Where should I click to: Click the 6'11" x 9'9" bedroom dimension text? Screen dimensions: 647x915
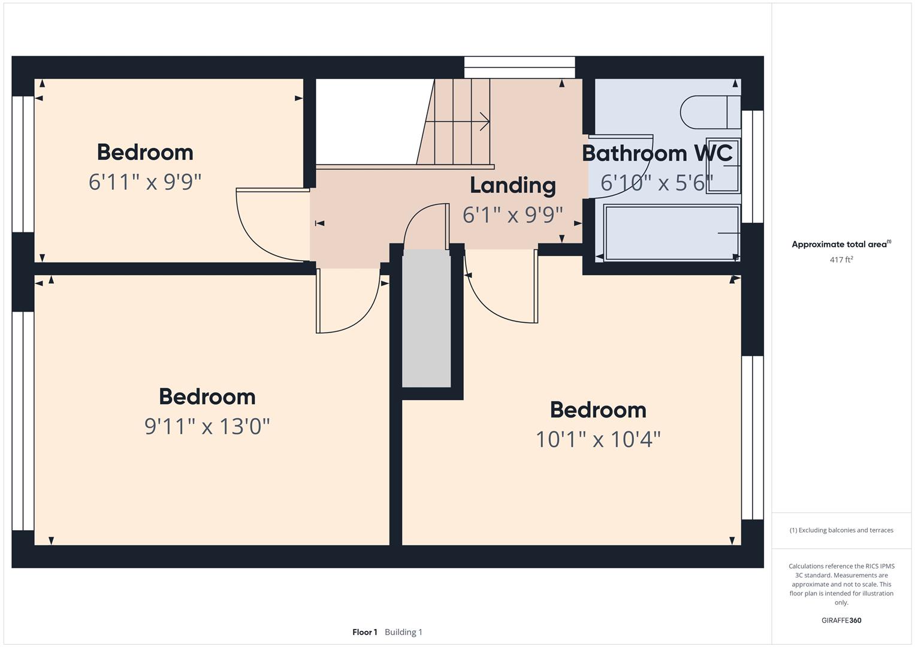point(145,182)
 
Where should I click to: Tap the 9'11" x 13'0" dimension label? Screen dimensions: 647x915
point(207,427)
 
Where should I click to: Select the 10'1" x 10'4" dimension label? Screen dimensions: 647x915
point(598,440)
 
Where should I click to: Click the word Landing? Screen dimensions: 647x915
point(513,185)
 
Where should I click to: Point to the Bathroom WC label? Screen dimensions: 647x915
point(657,153)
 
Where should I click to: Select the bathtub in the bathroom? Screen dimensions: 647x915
point(671,232)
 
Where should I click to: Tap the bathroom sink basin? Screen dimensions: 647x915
point(723,166)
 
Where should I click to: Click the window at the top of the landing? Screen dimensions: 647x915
point(520,67)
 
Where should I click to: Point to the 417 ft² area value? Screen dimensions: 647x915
point(841,260)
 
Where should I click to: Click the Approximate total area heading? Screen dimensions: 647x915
point(841,244)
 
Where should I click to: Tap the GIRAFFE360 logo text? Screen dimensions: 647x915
point(841,621)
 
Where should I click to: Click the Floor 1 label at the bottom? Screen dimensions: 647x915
point(364,632)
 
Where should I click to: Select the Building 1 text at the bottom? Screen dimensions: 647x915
point(403,632)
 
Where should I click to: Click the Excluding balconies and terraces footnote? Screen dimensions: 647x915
point(841,530)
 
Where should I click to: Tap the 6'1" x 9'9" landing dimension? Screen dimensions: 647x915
point(513,214)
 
